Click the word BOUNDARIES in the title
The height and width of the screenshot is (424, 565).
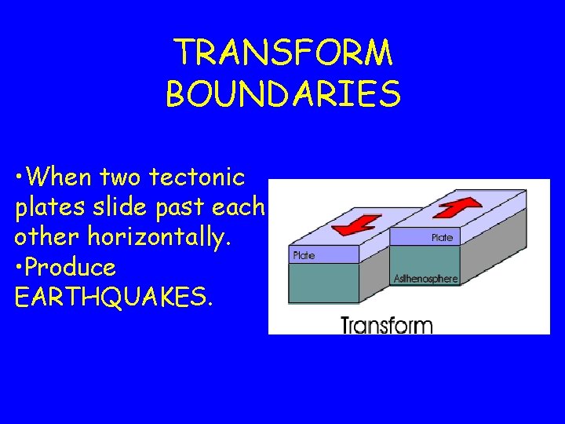pos(283,94)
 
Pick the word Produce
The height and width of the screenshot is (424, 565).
pos(71,268)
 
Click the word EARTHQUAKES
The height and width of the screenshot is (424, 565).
pos(113,298)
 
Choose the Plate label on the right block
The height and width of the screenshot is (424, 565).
pos(442,237)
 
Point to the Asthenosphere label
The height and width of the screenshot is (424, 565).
pos(425,279)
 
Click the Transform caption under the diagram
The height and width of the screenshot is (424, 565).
pos(386,324)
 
